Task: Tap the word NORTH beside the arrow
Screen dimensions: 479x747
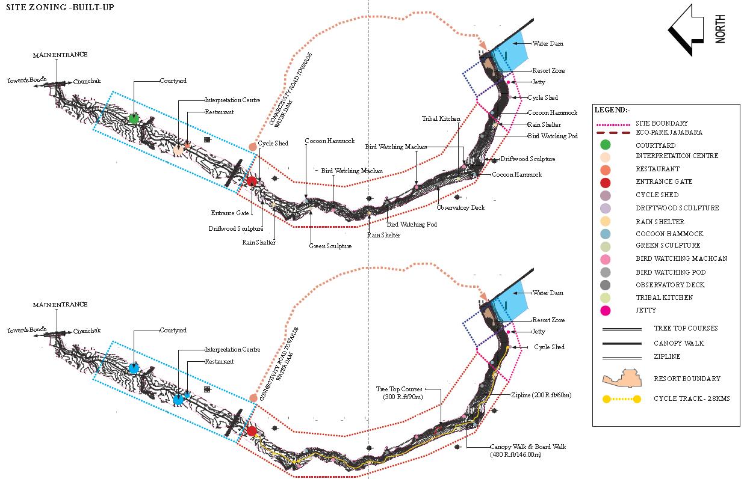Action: pos(721,29)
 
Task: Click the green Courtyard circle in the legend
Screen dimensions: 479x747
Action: pos(606,144)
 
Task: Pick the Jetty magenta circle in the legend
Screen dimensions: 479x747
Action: pos(606,311)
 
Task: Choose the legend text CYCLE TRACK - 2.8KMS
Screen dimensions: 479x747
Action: pos(692,398)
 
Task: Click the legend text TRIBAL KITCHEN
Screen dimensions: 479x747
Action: pos(664,297)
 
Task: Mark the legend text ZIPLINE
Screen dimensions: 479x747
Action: pos(667,356)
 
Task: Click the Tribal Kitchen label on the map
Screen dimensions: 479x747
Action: pos(441,119)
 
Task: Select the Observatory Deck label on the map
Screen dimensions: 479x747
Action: pos(460,208)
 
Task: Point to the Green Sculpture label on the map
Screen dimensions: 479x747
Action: pos(330,246)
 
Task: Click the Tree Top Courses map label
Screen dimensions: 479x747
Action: pos(399,389)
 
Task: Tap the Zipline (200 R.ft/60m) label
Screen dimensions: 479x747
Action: pos(541,395)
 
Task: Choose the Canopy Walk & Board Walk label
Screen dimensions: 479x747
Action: pos(528,447)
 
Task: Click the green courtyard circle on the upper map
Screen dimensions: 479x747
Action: pos(134,118)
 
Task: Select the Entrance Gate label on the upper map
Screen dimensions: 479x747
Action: pos(230,213)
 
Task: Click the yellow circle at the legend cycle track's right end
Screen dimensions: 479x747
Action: pos(637,398)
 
